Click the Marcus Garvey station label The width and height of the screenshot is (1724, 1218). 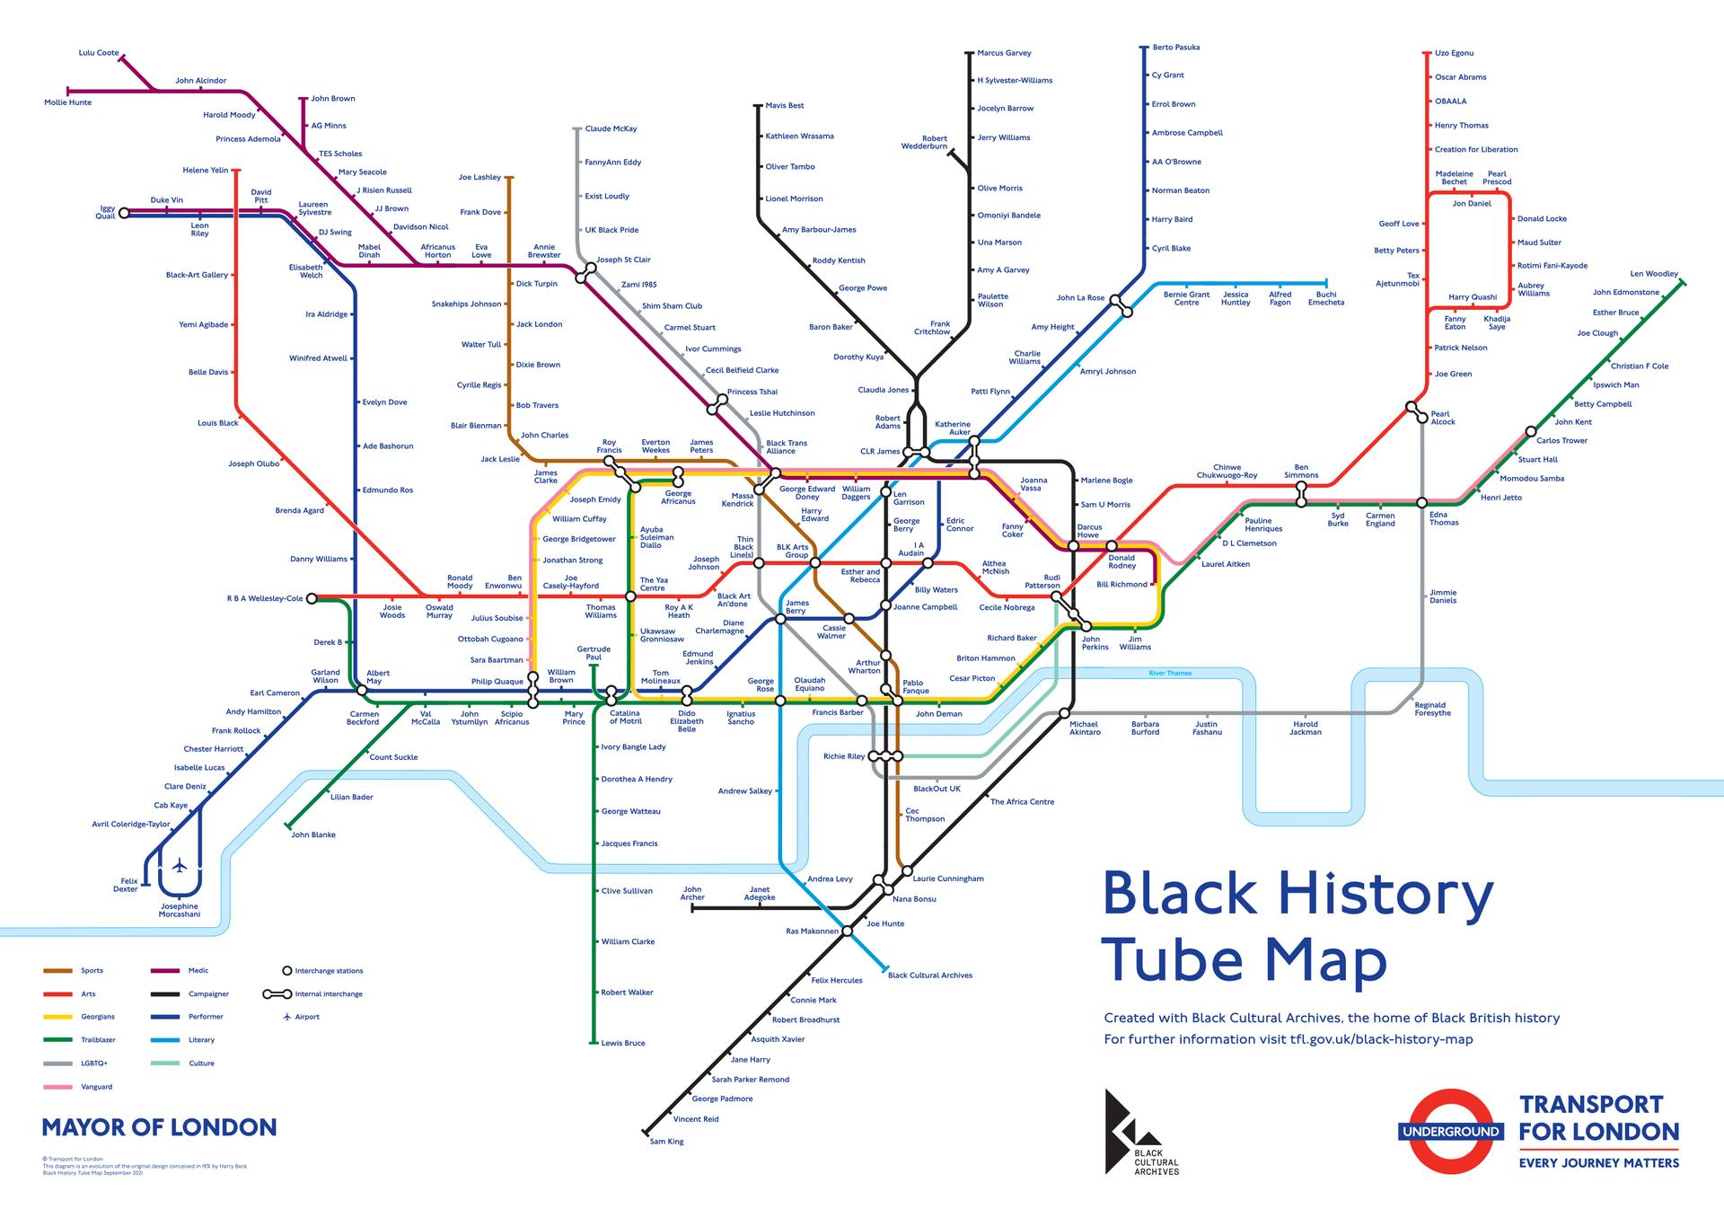coord(1004,53)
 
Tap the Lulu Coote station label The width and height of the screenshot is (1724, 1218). coord(99,53)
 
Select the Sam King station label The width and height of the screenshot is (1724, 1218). coord(666,1142)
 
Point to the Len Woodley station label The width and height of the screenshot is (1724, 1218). coord(1654,274)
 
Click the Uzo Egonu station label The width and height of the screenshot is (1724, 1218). coord(1454,53)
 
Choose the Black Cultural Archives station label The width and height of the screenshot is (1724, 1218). coord(929,975)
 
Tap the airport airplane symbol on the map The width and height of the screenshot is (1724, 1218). coord(180,866)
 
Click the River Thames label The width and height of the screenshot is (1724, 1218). coord(1170,673)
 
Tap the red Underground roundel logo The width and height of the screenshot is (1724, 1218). coord(1449,1131)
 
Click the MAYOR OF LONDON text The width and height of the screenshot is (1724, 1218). coord(159,1127)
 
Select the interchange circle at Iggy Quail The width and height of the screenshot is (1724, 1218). coord(125,213)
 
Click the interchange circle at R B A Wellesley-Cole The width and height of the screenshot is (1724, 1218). coord(312,598)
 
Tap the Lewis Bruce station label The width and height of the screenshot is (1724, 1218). coord(623,1043)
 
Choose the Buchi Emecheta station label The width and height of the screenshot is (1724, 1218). coord(1325,298)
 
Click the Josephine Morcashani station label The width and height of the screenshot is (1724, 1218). coord(180,910)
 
